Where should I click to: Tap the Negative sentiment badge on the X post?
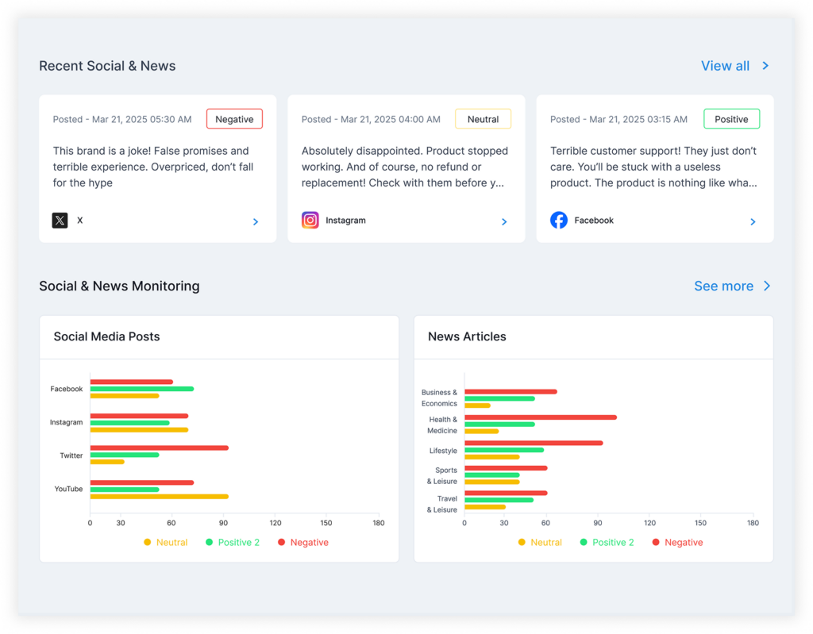[234, 119]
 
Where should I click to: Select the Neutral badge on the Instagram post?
[483, 119]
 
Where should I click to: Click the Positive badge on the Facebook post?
[731, 119]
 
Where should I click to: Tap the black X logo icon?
[60, 221]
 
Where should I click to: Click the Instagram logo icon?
[310, 221]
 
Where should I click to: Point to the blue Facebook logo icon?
[559, 221]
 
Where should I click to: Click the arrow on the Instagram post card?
[504, 222]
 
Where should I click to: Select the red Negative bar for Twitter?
[159, 448]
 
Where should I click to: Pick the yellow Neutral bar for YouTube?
[159, 497]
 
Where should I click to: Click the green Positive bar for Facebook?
[142, 389]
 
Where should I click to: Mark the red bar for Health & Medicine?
[541, 417]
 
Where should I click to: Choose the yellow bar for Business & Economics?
[477, 405]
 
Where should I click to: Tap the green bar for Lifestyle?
[504, 450]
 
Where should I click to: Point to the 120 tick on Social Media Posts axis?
[275, 523]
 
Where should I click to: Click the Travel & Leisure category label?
[441, 504]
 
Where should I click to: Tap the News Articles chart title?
[467, 336]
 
